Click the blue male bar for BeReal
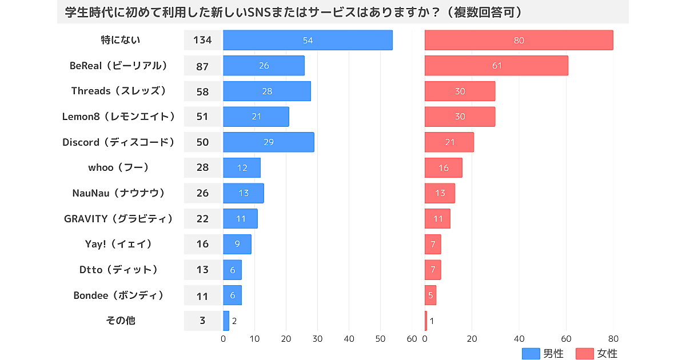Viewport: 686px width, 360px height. [x=264, y=66]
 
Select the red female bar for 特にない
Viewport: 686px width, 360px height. [x=519, y=40]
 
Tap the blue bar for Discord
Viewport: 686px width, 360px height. [x=268, y=142]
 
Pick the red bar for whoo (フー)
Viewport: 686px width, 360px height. [x=443, y=167]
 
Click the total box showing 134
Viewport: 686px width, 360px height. [x=202, y=40]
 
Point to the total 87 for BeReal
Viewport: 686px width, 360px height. [x=202, y=66]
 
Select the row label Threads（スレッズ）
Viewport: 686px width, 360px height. [x=118, y=91]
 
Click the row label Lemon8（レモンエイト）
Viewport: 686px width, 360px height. [x=118, y=117]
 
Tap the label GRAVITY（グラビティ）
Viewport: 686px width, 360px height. [x=118, y=218]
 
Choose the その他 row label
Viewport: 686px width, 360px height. [x=121, y=320]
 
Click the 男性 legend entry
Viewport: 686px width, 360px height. [x=543, y=354]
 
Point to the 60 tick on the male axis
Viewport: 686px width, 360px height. [x=412, y=339]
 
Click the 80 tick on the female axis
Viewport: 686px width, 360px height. [x=613, y=339]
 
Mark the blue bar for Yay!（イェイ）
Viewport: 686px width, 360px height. [x=237, y=244]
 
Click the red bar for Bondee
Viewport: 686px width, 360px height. [x=430, y=295]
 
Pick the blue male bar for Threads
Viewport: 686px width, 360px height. [x=266, y=91]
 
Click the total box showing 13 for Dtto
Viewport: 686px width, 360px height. [x=202, y=269]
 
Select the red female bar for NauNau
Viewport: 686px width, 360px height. [x=440, y=193]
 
